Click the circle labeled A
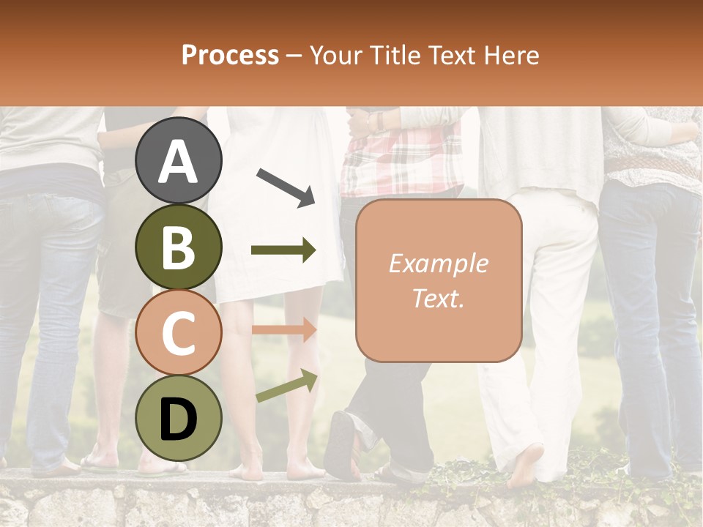pos(179,161)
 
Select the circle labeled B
pos(179,247)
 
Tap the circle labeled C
pos(179,334)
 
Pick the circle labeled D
pos(179,419)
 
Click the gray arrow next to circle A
pos(286,186)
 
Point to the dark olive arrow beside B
pos(283,251)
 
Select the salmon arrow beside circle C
pos(283,331)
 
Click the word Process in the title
pos(230,55)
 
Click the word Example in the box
pos(438,263)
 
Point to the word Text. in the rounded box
pos(438,298)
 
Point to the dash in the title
pos(294,56)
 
